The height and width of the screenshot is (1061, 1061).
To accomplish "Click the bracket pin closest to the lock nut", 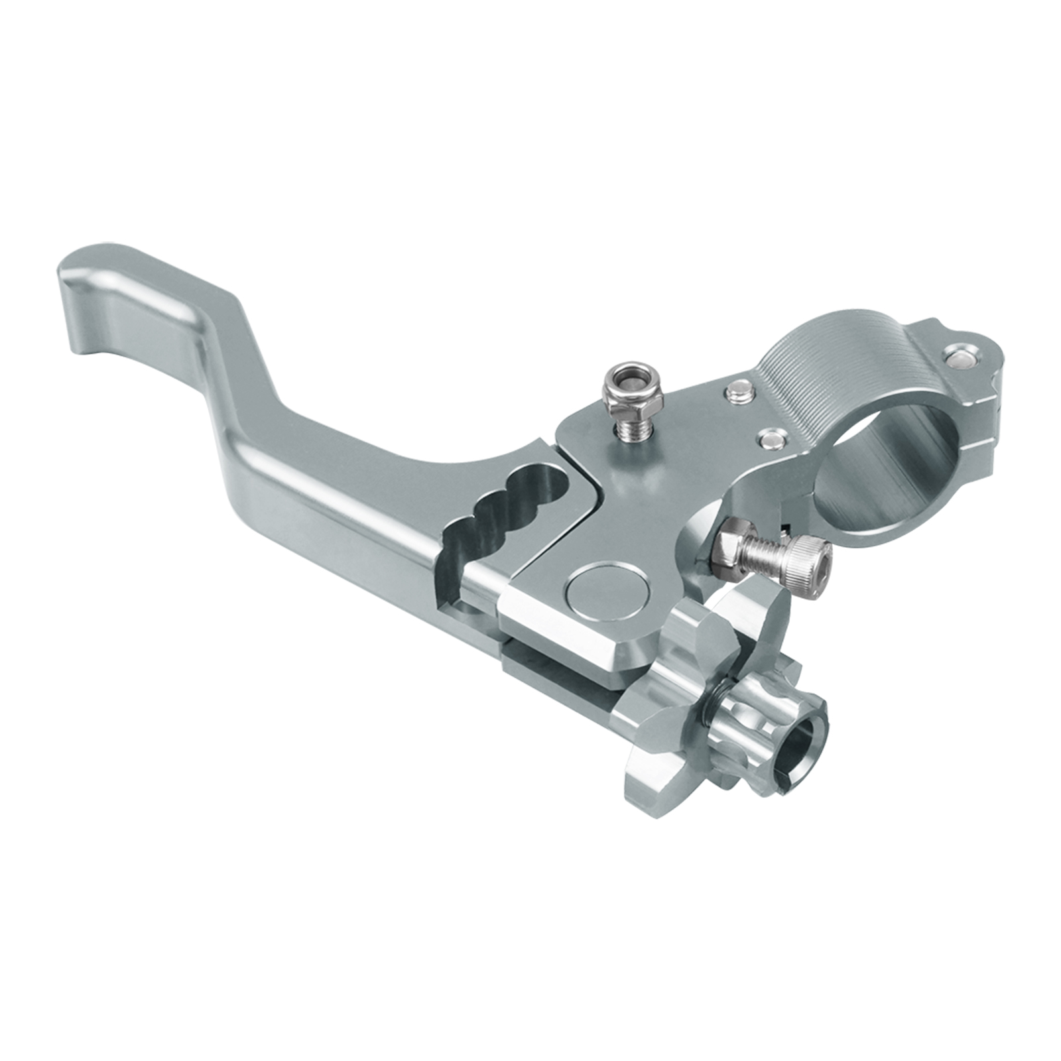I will coord(738,392).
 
